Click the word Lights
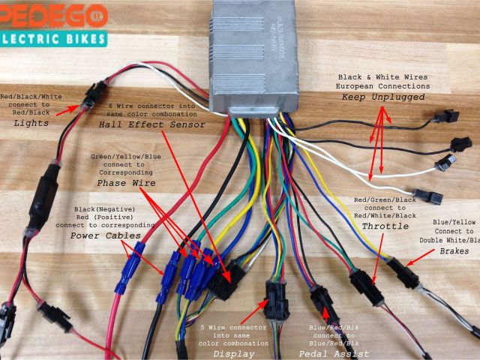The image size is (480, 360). (x=31, y=122)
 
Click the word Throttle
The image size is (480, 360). (x=385, y=226)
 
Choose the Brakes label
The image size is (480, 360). (x=455, y=250)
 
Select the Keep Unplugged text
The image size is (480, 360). (x=383, y=97)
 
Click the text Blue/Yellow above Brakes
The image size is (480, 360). (x=454, y=222)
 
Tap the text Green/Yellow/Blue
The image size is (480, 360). (x=125, y=157)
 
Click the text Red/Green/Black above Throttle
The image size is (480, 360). (x=385, y=200)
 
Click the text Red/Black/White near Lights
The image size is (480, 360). (x=31, y=97)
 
